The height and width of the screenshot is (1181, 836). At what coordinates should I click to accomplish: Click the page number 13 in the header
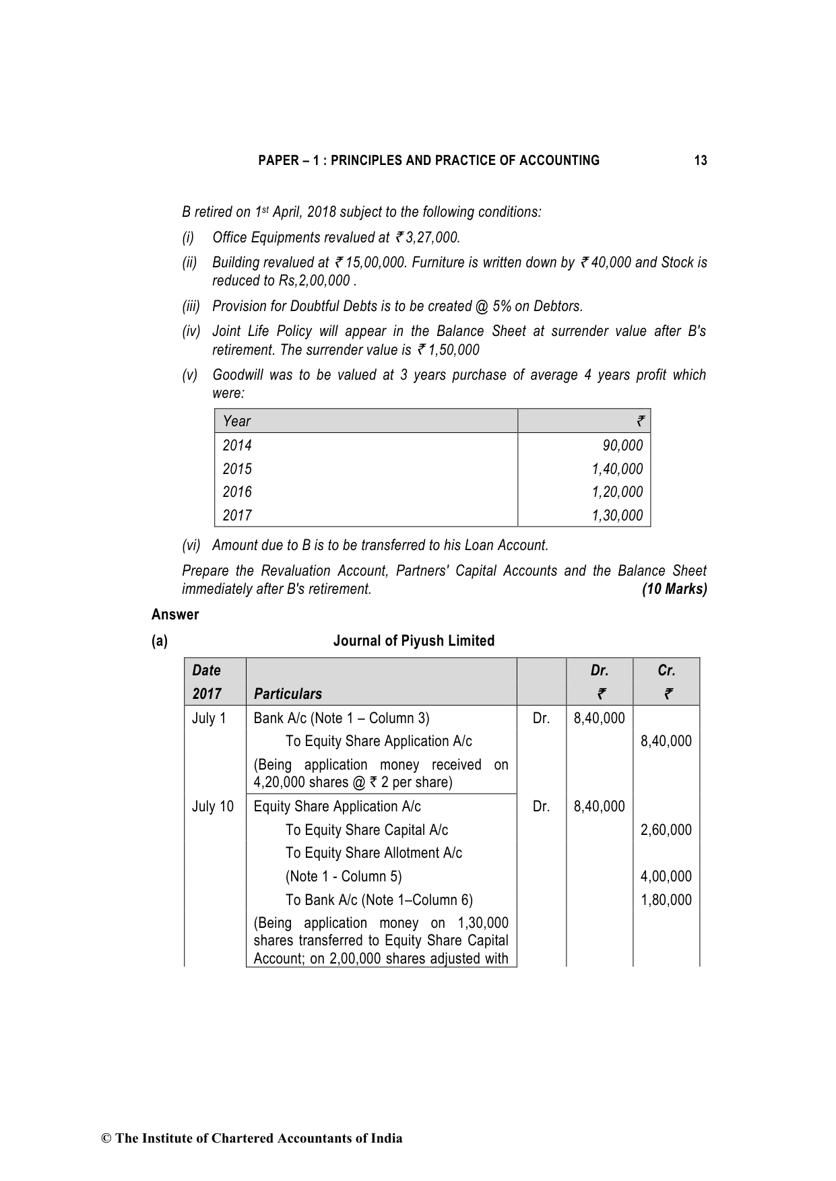[x=700, y=160]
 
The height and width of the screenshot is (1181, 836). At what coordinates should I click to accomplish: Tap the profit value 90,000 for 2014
[x=622, y=445]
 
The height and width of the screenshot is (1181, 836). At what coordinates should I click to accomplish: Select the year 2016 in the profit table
[x=237, y=492]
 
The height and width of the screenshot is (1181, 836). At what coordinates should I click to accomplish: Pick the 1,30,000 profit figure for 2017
[x=617, y=516]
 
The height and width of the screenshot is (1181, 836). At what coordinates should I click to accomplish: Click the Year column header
[x=236, y=421]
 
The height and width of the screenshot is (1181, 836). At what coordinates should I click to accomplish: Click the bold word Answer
[x=175, y=615]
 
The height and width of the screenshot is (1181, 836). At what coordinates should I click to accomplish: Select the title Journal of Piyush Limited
[x=414, y=641]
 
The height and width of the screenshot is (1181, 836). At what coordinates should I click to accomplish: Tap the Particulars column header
[x=288, y=694]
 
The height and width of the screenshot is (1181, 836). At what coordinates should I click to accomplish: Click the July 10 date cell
[x=213, y=807]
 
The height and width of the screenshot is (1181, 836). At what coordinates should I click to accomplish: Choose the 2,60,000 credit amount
[x=666, y=830]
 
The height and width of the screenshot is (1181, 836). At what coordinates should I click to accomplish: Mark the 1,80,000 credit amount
[x=666, y=900]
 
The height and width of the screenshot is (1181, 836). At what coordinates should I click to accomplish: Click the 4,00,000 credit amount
[x=666, y=877]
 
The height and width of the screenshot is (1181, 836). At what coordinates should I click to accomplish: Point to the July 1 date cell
[x=209, y=718]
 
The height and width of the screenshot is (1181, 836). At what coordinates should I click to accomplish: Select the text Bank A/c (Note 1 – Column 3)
[x=341, y=718]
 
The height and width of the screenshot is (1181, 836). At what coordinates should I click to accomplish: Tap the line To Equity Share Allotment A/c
[x=373, y=853]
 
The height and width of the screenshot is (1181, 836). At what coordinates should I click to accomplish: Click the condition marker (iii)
[x=191, y=306]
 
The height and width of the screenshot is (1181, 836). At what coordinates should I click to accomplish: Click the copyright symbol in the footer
[x=106, y=1139]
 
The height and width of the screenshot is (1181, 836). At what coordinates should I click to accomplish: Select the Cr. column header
[x=666, y=671]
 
